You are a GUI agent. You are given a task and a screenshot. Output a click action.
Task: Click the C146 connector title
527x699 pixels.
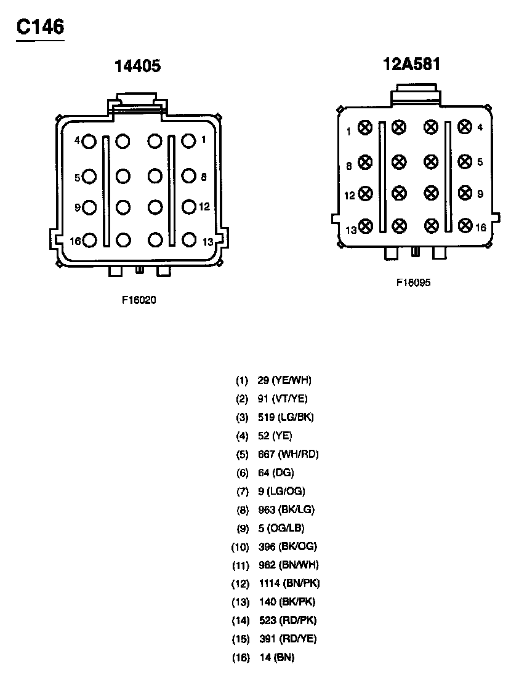click(40, 27)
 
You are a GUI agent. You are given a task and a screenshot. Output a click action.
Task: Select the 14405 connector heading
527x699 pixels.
click(138, 66)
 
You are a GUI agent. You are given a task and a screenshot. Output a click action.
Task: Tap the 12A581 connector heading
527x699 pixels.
click(412, 64)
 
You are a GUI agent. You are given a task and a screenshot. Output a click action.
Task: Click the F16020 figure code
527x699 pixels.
click(139, 301)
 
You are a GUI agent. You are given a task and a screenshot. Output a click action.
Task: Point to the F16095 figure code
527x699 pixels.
click(413, 283)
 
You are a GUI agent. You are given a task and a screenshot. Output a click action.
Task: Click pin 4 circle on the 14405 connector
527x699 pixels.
click(90, 142)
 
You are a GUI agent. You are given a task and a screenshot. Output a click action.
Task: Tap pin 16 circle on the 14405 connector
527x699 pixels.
click(90, 240)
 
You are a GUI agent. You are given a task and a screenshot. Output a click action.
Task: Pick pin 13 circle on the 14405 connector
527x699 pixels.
click(188, 240)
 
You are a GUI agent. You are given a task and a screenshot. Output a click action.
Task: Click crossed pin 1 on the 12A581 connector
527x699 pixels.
click(366, 128)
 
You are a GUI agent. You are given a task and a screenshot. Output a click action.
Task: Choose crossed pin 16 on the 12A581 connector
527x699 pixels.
click(465, 226)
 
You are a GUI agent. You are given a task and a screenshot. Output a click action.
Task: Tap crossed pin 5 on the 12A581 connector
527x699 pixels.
click(465, 161)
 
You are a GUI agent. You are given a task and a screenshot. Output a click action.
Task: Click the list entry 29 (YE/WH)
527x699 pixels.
click(284, 381)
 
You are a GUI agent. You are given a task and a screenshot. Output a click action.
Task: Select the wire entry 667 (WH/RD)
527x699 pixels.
click(288, 455)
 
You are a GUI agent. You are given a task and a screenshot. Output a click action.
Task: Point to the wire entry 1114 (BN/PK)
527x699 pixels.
click(289, 583)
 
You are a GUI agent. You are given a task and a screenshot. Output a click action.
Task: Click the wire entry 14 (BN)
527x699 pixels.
click(276, 658)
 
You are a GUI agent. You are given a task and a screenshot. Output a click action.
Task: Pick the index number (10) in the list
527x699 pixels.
click(240, 547)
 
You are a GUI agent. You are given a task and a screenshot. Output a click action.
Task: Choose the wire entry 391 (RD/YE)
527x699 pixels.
click(288, 639)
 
